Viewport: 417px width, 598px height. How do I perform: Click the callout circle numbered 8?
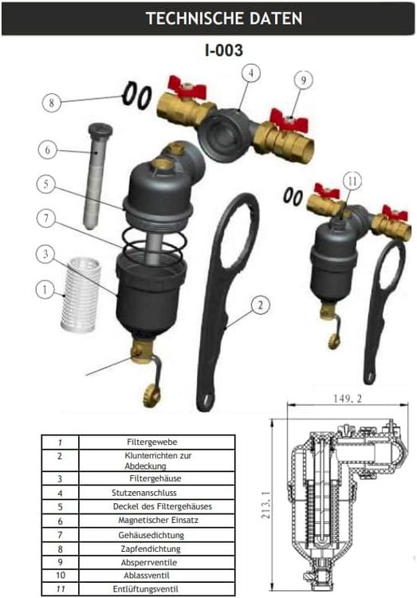click(x=52, y=103)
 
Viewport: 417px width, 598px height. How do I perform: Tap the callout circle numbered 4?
click(x=251, y=73)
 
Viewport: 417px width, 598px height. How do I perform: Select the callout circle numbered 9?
click(x=303, y=80)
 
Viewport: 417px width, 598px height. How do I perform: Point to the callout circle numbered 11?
click(x=352, y=181)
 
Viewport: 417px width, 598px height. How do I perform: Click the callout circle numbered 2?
click(x=260, y=305)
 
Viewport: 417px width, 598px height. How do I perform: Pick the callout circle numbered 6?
click(x=48, y=150)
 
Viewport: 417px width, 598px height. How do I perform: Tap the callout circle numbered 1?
click(x=45, y=290)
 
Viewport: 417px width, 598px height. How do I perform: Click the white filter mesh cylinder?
click(x=81, y=293)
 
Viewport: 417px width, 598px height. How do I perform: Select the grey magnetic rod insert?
click(x=96, y=176)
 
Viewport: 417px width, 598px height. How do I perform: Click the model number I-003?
click(x=223, y=50)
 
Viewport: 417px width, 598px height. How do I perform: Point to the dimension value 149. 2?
click(x=348, y=399)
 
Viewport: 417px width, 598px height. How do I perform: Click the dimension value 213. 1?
click(x=266, y=504)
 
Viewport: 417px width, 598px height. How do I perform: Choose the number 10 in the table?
click(x=61, y=575)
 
